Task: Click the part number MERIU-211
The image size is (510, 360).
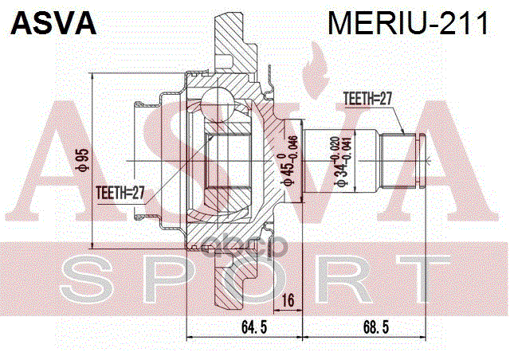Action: [x=407, y=23]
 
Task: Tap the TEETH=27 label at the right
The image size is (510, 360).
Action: [x=368, y=100]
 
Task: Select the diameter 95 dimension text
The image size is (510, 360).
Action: [x=80, y=162]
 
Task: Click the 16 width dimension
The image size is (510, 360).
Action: [x=288, y=300]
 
